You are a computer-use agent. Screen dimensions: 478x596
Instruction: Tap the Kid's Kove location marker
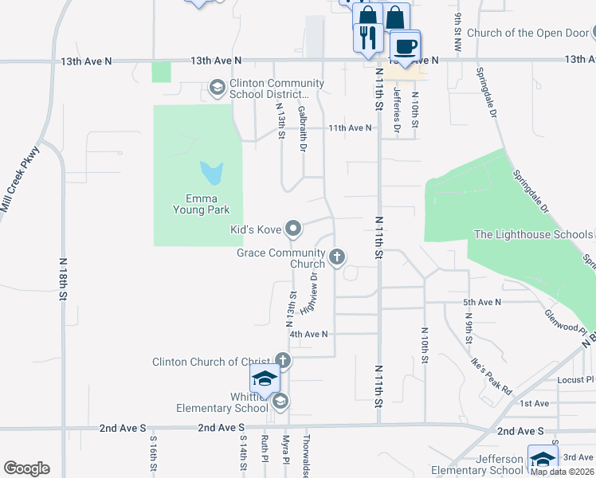click(293, 229)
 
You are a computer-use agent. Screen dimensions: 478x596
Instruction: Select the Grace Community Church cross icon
click(337, 257)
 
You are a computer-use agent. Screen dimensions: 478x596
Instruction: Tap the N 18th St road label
click(62, 279)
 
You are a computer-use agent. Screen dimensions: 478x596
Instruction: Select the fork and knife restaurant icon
click(368, 37)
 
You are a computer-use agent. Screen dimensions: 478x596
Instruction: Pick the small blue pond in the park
click(212, 171)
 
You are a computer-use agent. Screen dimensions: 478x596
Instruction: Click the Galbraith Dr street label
click(303, 128)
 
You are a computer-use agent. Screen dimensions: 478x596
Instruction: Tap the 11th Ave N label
click(350, 127)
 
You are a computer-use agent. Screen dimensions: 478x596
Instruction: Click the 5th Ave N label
click(482, 303)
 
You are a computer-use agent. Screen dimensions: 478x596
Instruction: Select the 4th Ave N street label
click(309, 335)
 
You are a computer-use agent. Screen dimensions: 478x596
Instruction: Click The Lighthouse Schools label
click(533, 234)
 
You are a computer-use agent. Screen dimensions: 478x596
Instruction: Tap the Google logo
click(26, 468)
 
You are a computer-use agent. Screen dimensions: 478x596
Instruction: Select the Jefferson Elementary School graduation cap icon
click(543, 459)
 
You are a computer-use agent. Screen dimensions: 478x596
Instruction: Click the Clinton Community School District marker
click(217, 88)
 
